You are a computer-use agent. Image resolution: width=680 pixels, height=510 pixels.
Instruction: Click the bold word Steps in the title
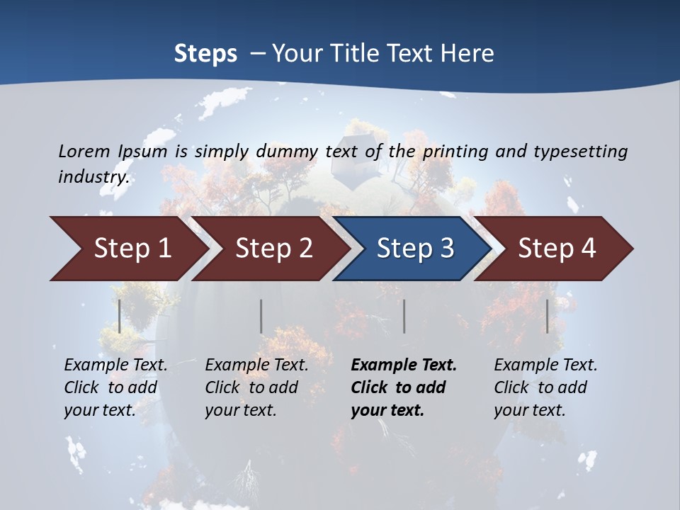pyautogui.click(x=205, y=54)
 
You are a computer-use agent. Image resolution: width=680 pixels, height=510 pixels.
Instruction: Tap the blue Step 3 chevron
pyautogui.click(x=415, y=248)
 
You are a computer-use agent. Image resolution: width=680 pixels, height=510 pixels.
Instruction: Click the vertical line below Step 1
pyautogui.click(x=120, y=316)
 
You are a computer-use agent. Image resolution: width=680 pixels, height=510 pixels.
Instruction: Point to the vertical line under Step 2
pyautogui.click(x=261, y=316)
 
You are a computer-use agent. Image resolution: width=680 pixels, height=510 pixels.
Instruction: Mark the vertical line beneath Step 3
pyautogui.click(x=404, y=316)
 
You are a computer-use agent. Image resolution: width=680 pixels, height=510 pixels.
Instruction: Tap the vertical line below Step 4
pyautogui.click(x=548, y=316)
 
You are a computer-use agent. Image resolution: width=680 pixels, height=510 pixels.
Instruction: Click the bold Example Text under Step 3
pyautogui.click(x=404, y=387)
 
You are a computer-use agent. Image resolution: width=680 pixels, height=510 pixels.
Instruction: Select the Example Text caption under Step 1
pyautogui.click(x=115, y=387)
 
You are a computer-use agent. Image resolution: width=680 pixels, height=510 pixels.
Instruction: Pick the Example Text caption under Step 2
pyautogui.click(x=256, y=387)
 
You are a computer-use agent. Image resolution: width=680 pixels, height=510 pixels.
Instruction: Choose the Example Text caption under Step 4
pyautogui.click(x=545, y=387)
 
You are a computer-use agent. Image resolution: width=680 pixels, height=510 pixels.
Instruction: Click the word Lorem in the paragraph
pyautogui.click(x=84, y=151)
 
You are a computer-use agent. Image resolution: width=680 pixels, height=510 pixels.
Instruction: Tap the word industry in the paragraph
pyautogui.click(x=93, y=177)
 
